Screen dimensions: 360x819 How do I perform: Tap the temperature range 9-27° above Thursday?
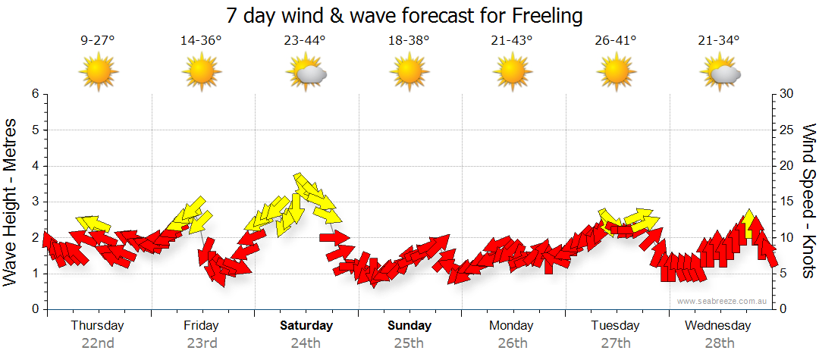coord(98,41)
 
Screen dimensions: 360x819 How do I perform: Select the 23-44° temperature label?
coord(306,41)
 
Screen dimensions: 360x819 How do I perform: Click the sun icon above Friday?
coord(202,73)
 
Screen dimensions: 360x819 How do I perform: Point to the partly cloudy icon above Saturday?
coord(306,73)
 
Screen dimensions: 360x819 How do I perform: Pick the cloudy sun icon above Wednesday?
coord(720,73)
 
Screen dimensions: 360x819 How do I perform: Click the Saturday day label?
coord(306,326)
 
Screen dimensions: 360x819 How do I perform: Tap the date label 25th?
coord(409,343)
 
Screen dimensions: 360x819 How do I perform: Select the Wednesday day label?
coord(717,326)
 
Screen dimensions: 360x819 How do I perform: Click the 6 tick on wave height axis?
coord(35,94)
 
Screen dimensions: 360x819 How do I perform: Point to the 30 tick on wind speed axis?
coord(788,94)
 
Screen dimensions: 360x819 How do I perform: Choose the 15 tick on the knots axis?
coord(788,202)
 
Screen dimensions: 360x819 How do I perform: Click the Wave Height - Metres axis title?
coord(11,202)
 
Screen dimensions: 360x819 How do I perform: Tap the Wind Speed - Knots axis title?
coord(808,202)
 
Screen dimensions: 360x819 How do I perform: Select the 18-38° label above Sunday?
coord(409,41)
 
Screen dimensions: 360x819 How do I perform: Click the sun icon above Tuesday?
coord(616,73)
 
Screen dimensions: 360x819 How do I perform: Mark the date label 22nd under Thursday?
coord(98,343)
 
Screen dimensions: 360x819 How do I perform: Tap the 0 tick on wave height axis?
coord(35,309)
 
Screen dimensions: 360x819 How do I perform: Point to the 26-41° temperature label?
coord(616,41)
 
